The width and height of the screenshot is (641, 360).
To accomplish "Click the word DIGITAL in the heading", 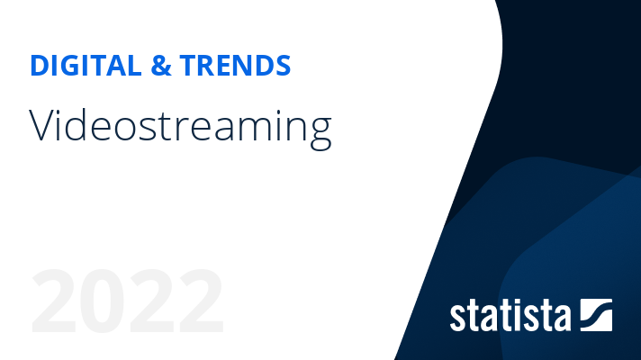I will (x=82, y=65).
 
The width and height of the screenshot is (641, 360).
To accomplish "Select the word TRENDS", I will (x=236, y=65).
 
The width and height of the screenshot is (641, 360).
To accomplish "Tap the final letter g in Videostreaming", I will (x=320, y=131).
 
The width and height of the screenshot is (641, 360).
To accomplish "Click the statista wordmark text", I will (x=510, y=316).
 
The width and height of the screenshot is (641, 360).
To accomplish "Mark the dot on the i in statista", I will (x=522, y=301).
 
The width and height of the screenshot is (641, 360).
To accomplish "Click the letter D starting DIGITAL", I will (x=39, y=65).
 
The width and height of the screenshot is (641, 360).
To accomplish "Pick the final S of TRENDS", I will (x=283, y=65).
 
